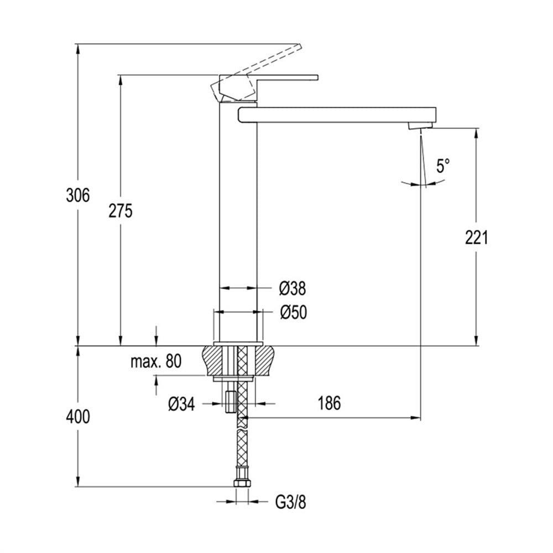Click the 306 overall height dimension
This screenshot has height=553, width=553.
click(x=78, y=195)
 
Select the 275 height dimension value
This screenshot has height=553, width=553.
click(x=120, y=211)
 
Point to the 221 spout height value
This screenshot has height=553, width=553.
click(x=477, y=237)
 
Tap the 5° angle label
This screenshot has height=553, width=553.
click(x=443, y=166)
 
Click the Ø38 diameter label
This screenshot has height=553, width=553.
click(x=293, y=289)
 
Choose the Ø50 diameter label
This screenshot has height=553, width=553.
click(x=294, y=312)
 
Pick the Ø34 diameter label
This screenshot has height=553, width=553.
click(x=181, y=404)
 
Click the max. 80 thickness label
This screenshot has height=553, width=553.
click(x=156, y=362)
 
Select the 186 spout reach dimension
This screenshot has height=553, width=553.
click(x=330, y=404)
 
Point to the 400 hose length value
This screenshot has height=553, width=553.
click(x=78, y=417)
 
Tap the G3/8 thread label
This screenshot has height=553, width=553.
click(x=291, y=502)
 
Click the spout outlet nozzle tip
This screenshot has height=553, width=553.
click(x=420, y=126)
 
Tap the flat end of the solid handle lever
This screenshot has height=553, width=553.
click(x=317, y=77)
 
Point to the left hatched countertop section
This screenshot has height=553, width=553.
click(x=213, y=361)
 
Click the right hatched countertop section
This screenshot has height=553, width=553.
click(x=264, y=361)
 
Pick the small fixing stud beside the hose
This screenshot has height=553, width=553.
click(x=230, y=401)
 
